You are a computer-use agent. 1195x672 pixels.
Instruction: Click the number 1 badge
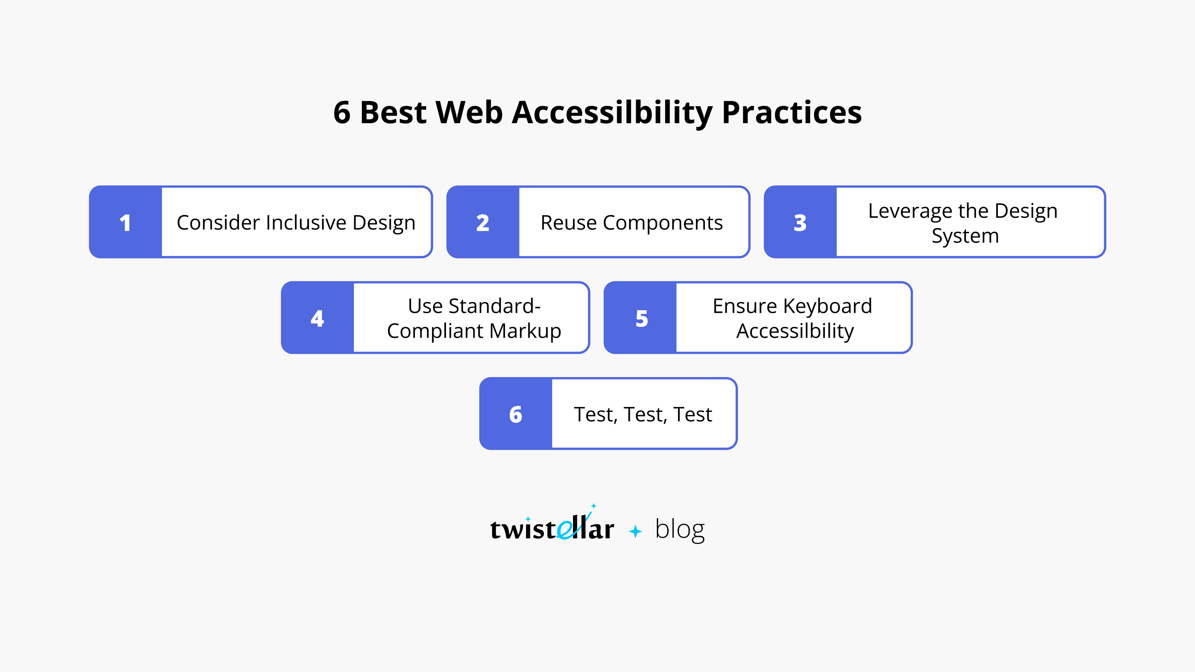(x=125, y=223)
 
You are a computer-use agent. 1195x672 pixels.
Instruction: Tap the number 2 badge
(x=483, y=223)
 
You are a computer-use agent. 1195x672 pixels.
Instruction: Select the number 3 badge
(x=800, y=223)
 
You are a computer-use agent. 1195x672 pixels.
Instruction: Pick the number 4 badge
(x=317, y=318)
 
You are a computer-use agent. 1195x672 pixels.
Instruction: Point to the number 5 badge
(x=641, y=318)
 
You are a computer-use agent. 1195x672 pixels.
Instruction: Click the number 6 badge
(x=515, y=414)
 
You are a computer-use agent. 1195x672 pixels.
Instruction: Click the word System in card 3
(x=965, y=236)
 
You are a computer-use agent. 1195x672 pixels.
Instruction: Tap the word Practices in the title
(x=791, y=113)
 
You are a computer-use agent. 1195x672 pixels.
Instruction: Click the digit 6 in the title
(x=342, y=113)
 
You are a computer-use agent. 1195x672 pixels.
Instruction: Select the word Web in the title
(x=469, y=113)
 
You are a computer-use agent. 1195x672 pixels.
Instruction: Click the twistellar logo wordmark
(x=552, y=528)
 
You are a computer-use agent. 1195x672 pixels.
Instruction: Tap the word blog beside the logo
(x=680, y=529)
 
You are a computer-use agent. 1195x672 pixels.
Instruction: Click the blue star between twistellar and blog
(x=635, y=531)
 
